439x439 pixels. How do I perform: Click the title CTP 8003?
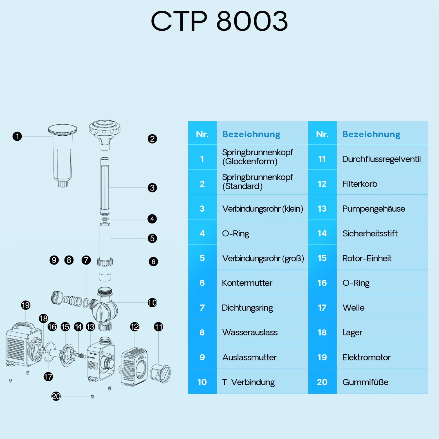219,21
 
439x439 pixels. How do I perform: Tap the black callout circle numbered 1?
17,136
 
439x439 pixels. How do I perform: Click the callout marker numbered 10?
152,303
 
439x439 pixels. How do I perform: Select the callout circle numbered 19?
26,305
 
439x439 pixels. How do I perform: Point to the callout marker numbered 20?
56,396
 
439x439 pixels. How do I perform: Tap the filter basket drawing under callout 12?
134,367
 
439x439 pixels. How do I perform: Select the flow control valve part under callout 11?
160,373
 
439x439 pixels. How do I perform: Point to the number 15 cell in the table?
322,258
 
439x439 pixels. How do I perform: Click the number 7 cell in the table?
202,308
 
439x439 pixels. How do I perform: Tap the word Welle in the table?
353,308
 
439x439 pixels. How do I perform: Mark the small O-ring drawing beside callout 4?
105,219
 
